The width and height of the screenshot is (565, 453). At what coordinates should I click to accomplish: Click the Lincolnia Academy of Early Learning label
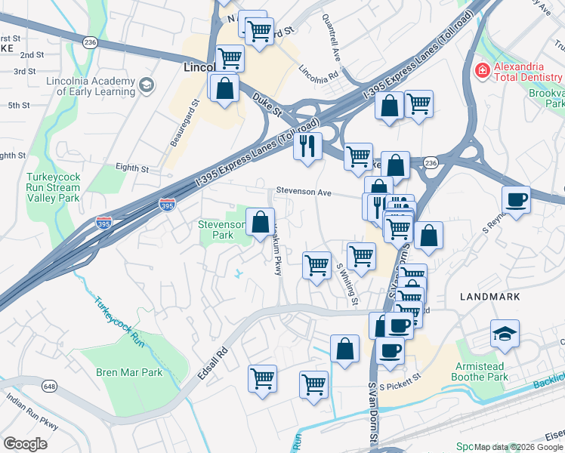(90, 87)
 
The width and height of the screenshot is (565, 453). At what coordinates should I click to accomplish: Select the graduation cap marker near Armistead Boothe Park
(505, 333)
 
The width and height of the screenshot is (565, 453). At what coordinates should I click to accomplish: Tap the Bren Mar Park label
(129, 372)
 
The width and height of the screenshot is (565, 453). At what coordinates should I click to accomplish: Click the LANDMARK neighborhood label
(490, 297)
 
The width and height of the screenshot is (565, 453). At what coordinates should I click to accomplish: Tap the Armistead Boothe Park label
(490, 371)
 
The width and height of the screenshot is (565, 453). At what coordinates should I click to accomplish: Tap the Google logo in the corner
(26, 443)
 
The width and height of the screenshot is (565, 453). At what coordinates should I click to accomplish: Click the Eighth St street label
(132, 168)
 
